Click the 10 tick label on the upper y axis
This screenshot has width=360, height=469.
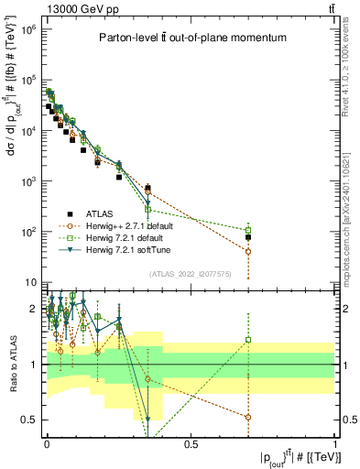point(29,282)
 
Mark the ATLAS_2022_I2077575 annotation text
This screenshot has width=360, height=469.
point(189,272)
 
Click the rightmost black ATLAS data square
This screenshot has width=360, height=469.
point(248,237)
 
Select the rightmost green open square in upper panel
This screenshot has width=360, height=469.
point(248,230)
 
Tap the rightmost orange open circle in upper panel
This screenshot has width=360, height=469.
point(248,251)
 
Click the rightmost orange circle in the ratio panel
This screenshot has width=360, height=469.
point(248,417)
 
